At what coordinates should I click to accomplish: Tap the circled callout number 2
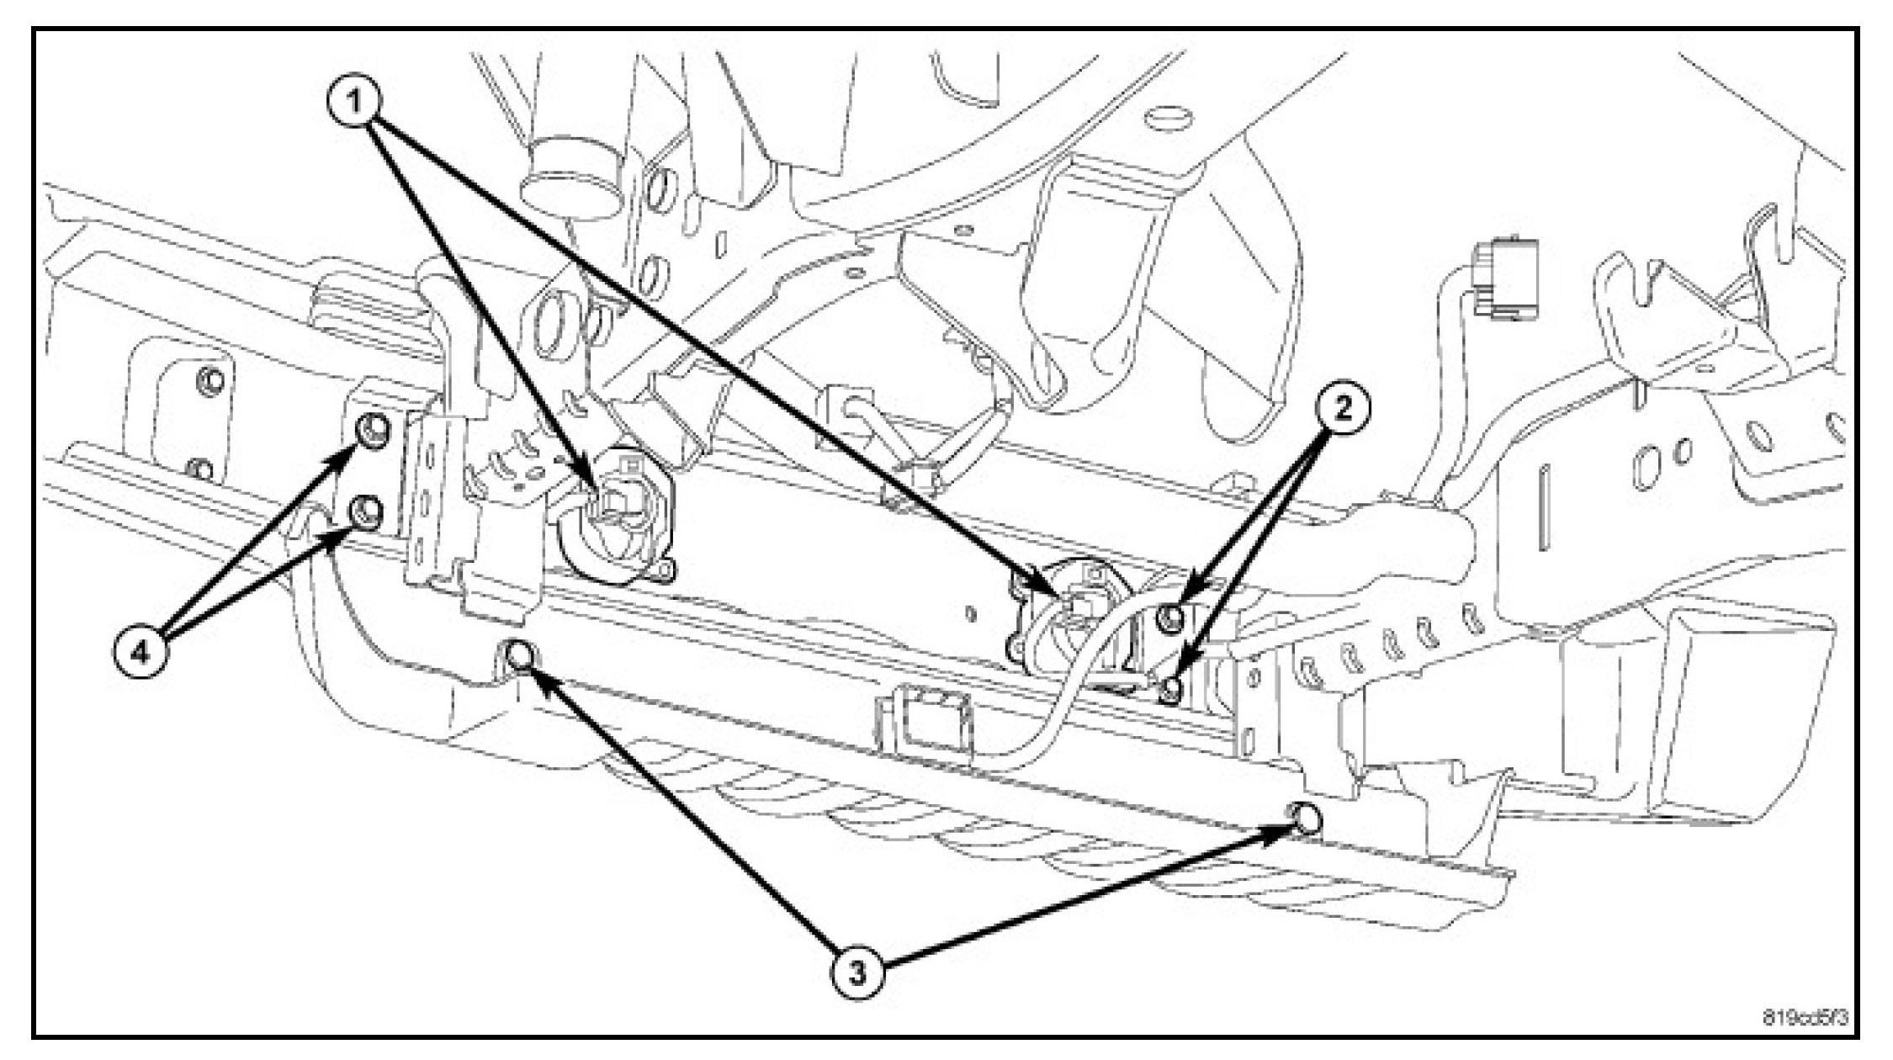tap(1341, 410)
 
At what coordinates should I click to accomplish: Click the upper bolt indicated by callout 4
tap(370, 431)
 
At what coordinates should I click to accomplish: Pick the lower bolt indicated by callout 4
tap(367, 510)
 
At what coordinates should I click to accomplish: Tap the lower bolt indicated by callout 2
tap(1170, 691)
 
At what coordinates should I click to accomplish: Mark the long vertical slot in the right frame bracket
tap(1546, 506)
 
